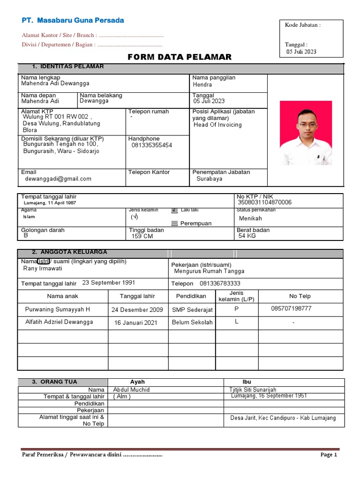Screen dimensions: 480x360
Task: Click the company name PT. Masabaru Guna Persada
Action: coord(73,21)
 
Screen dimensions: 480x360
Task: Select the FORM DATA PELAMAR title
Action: coord(180,57)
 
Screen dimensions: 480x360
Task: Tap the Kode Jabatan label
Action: coord(303,25)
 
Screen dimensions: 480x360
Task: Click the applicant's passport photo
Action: coord(306,133)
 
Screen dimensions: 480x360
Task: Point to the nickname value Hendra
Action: coord(202,85)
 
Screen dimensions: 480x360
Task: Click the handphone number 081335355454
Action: coord(152,145)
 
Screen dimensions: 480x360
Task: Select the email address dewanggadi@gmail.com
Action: coord(58,179)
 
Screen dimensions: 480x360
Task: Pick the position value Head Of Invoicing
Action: coord(217,125)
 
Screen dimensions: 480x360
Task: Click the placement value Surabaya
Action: coord(210,179)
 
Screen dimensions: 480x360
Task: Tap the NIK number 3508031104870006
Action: coord(265,202)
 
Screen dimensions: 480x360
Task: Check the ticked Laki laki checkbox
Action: coord(174,211)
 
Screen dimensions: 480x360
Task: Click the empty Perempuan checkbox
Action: coord(174,224)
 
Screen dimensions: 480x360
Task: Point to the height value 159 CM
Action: coord(142,236)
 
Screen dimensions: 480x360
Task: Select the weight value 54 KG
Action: coord(247,236)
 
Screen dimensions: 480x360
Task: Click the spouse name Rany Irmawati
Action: coord(43,269)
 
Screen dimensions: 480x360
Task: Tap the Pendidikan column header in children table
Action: coord(191,296)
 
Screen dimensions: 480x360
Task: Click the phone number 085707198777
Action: coord(291,308)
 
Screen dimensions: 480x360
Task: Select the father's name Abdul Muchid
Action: coord(132,390)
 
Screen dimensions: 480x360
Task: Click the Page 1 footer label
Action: coord(329,455)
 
